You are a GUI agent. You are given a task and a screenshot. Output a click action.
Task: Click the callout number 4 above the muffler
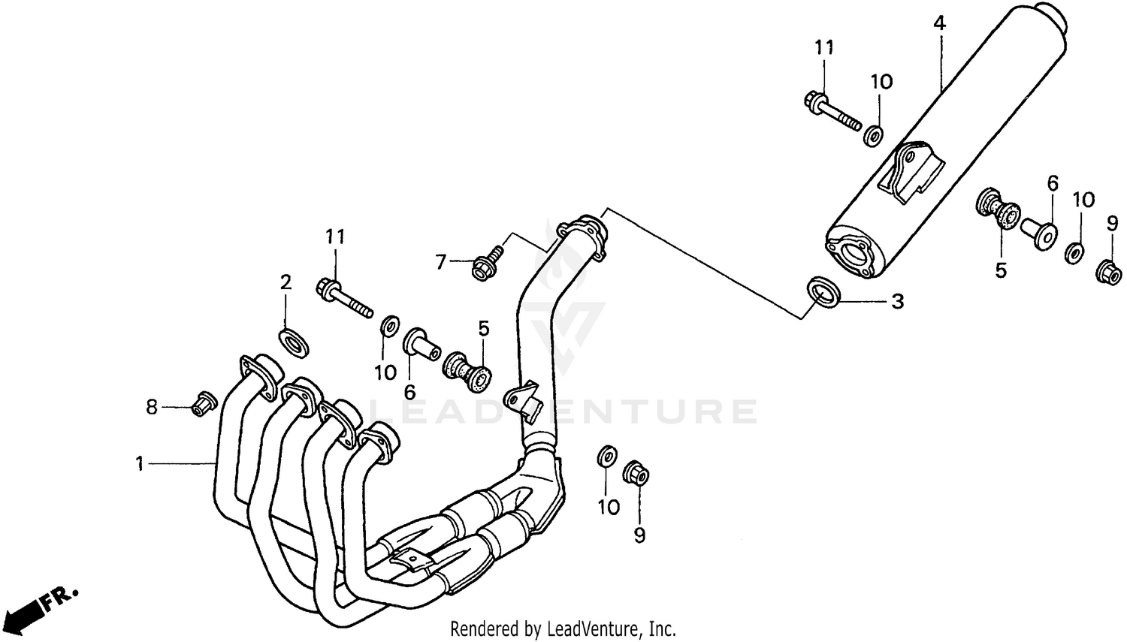(x=939, y=23)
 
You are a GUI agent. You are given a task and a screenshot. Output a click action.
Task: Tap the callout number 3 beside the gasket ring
(x=897, y=302)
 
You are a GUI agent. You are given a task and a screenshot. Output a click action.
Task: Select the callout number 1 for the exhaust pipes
(x=139, y=465)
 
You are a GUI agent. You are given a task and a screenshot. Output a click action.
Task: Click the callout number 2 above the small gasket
(x=286, y=282)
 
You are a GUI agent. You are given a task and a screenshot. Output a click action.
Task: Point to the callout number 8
(x=152, y=407)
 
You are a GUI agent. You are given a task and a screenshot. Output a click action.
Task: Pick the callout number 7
(x=441, y=262)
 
